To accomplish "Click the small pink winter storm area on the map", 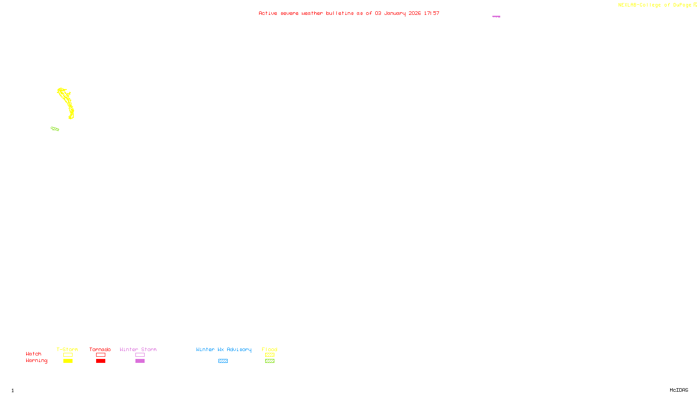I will [496, 17].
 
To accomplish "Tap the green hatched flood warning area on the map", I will [55, 129].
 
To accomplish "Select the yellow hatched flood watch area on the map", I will [66, 102].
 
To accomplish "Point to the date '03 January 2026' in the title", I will [398, 13].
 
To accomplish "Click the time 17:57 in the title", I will [432, 13].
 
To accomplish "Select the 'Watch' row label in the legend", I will [34, 354].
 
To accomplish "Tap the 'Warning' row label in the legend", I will [36, 361].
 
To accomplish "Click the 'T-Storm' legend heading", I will [67, 349].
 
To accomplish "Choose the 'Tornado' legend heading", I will [100, 349].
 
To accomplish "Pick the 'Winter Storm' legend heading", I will [138, 349].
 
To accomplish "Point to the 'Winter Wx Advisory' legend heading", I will [224, 349].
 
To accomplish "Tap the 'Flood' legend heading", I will [270, 349].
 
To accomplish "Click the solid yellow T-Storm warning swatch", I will [68, 361].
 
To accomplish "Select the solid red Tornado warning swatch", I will [100, 361].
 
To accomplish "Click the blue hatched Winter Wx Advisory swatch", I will [223, 361].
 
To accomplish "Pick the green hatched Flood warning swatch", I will [270, 361].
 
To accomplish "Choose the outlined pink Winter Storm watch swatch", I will [140, 355].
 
